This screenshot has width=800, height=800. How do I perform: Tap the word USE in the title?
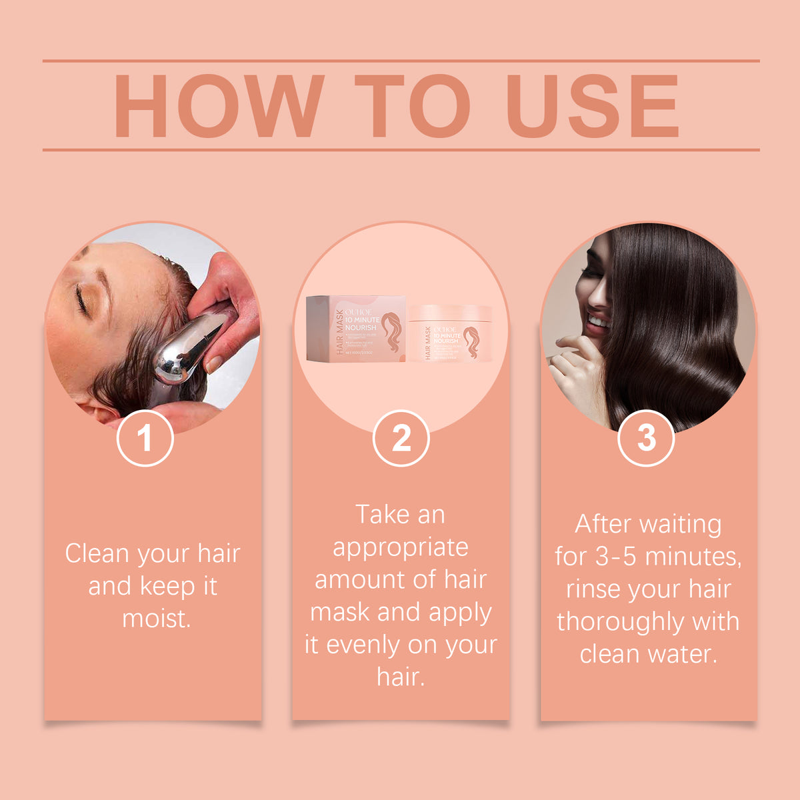(x=593, y=107)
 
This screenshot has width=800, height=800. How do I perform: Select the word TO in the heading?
(x=413, y=107)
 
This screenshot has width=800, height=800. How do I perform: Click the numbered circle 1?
(x=145, y=439)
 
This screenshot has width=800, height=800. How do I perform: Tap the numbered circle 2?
(x=401, y=439)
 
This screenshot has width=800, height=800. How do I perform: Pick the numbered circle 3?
(x=646, y=439)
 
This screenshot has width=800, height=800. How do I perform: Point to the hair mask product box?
(x=355, y=329)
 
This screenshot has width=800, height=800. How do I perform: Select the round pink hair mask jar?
(x=450, y=333)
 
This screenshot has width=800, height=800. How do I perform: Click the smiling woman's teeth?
(x=597, y=323)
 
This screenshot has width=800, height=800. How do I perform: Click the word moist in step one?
(x=156, y=619)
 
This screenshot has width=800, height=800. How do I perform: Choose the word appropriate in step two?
(x=400, y=547)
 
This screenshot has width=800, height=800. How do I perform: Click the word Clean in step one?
(x=97, y=554)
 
